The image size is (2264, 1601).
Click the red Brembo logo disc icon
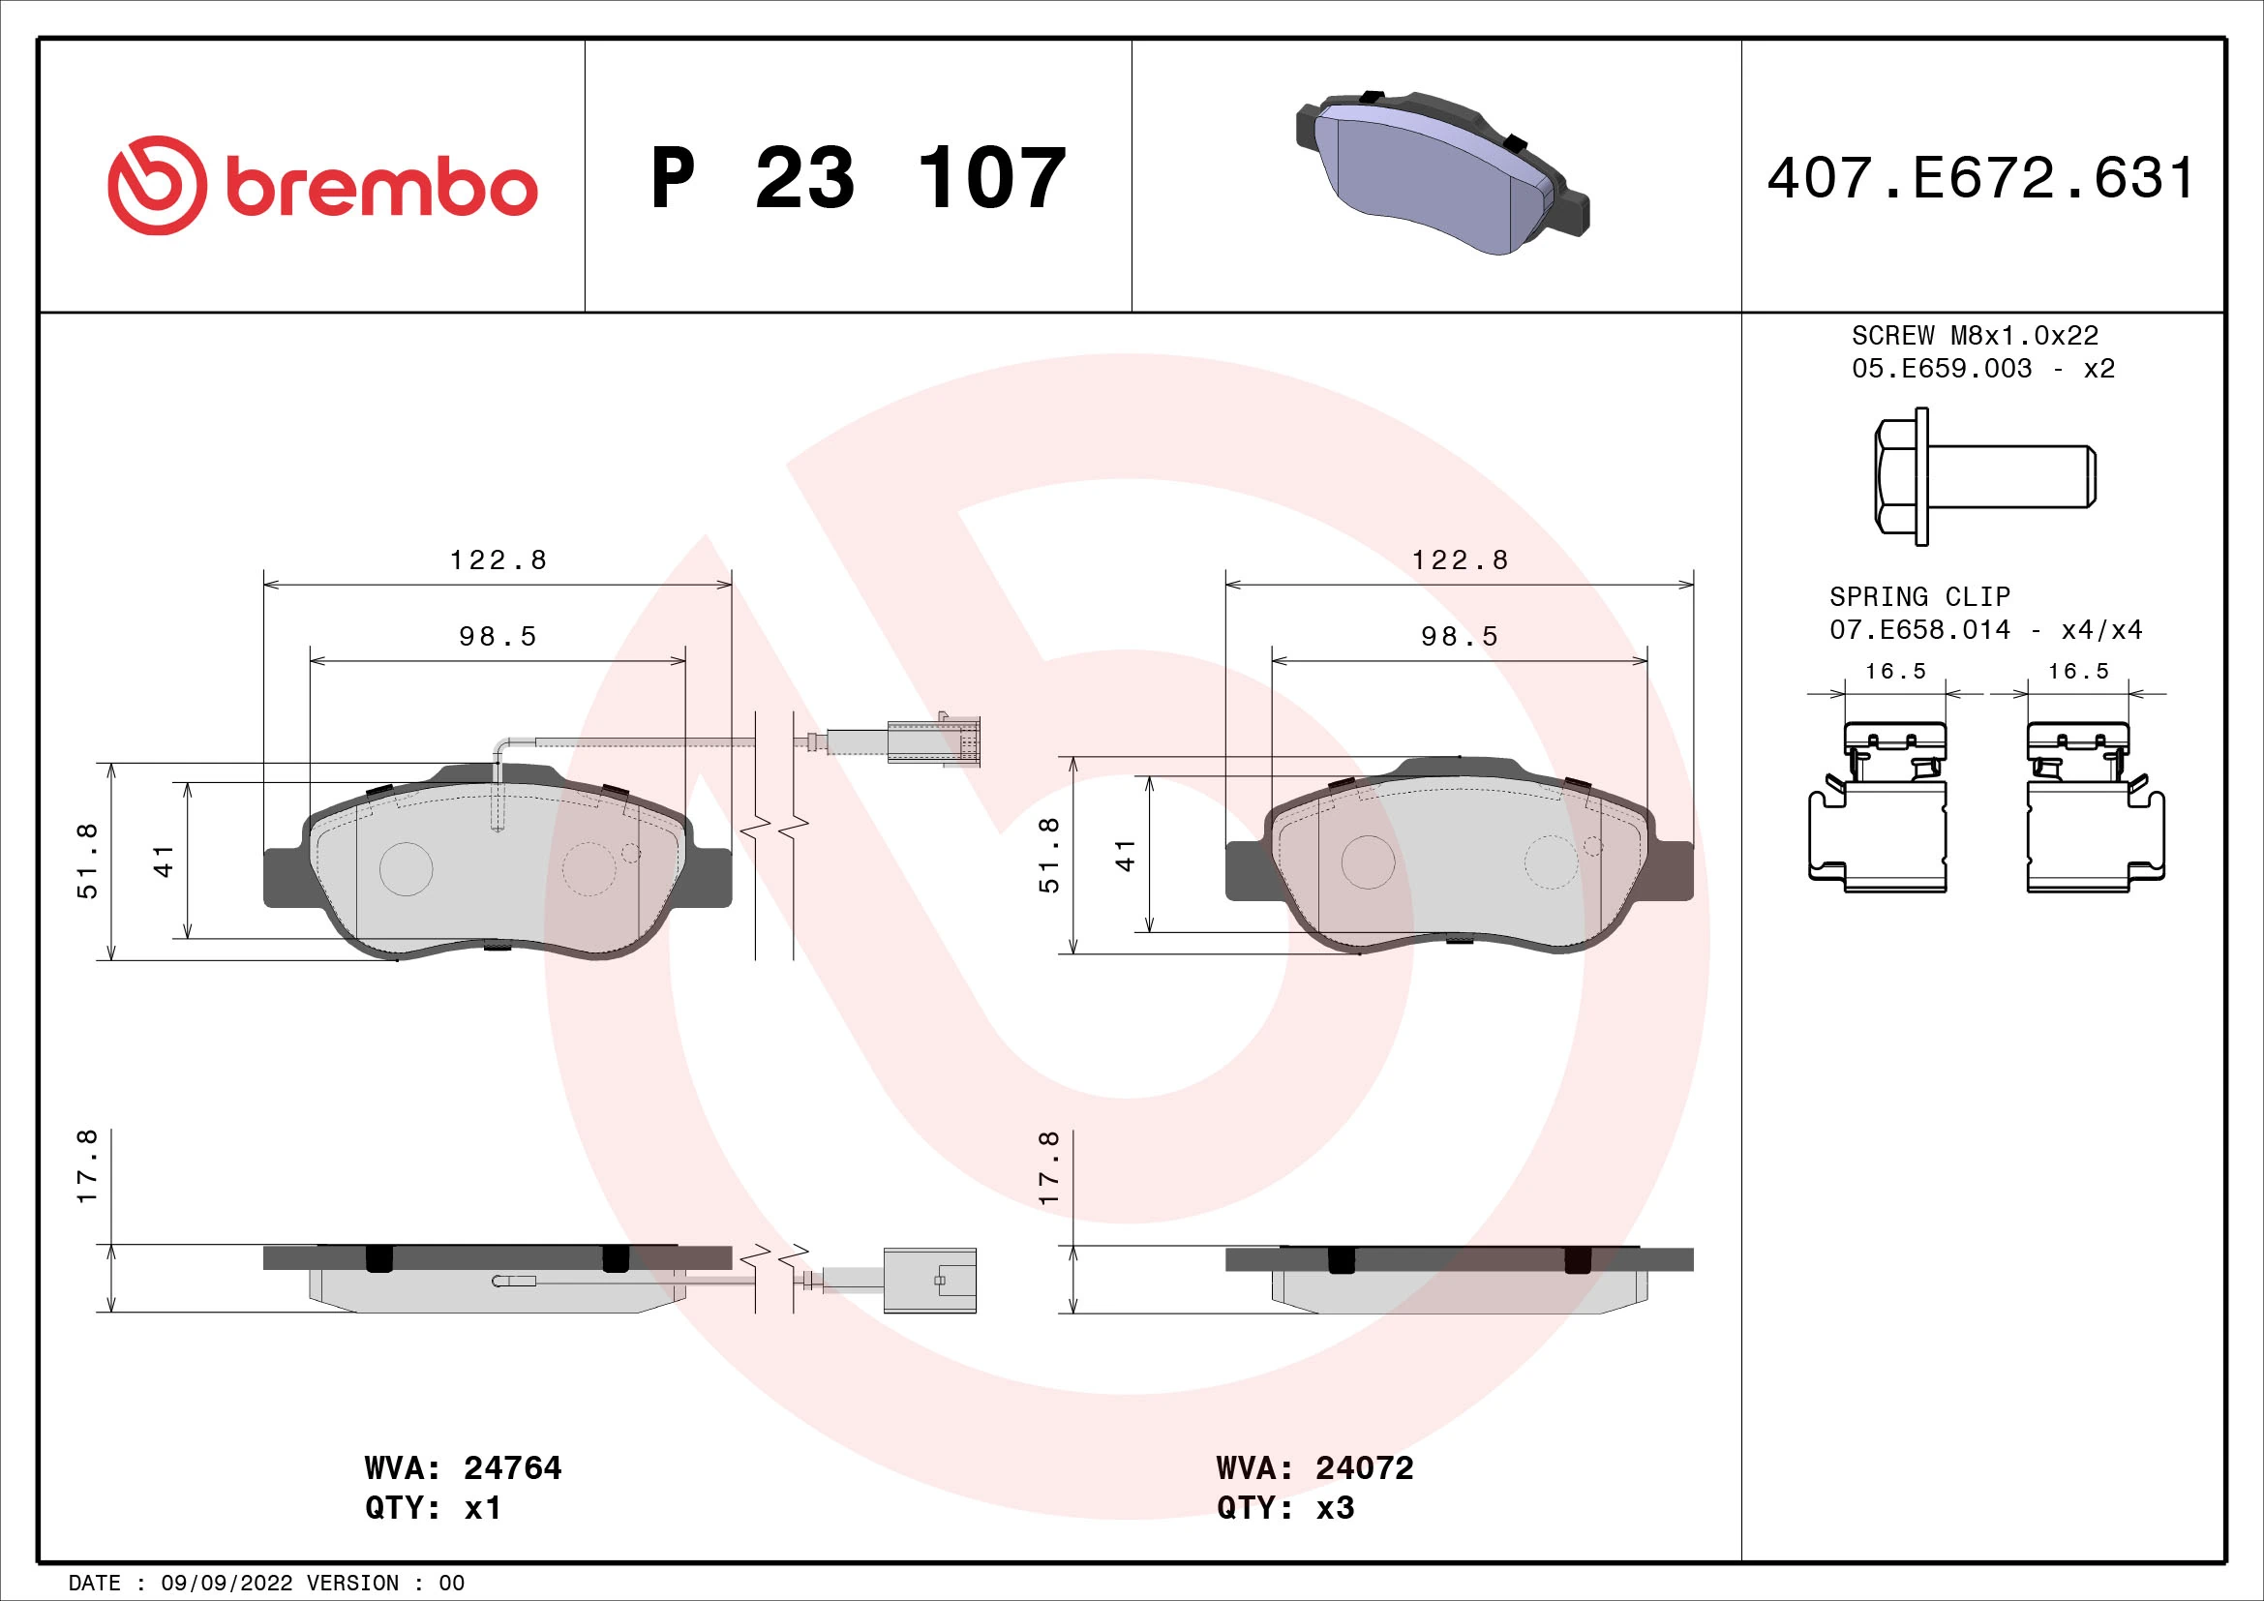[158, 185]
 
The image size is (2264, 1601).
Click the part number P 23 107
[858, 178]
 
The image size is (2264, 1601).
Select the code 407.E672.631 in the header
[1980, 178]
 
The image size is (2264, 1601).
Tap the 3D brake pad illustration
[1441, 173]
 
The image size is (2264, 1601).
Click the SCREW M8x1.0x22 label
[1974, 336]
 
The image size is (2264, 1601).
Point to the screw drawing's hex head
[1898, 476]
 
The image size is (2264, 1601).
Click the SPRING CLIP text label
[1918, 596]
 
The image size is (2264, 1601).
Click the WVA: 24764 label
[463, 1468]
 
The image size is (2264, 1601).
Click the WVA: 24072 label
[1314, 1468]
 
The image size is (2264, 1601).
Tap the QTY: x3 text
[1284, 1508]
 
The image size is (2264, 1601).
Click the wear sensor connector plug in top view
[933, 740]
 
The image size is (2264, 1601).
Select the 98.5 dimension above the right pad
[1460, 637]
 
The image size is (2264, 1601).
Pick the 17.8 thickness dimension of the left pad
[88, 1166]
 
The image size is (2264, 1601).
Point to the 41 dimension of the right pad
[1125, 855]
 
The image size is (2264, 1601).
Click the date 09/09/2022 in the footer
[226, 1584]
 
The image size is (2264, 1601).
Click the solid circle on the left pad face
[407, 868]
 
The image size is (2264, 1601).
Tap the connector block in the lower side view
[929, 1280]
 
